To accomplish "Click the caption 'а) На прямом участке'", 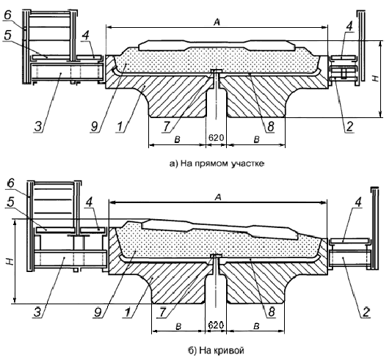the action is coord(217,164).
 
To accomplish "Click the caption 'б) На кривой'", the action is coord(216,350).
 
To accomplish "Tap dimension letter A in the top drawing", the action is coord(217,23).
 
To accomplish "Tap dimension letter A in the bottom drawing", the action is coord(218,197).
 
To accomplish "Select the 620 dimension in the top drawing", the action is coord(216,138).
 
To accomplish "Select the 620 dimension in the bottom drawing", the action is coord(216,325).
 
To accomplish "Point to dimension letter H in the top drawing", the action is coord(376,78).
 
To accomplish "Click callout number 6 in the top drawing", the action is coord(8,15).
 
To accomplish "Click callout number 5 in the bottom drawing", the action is coord(10,202).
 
